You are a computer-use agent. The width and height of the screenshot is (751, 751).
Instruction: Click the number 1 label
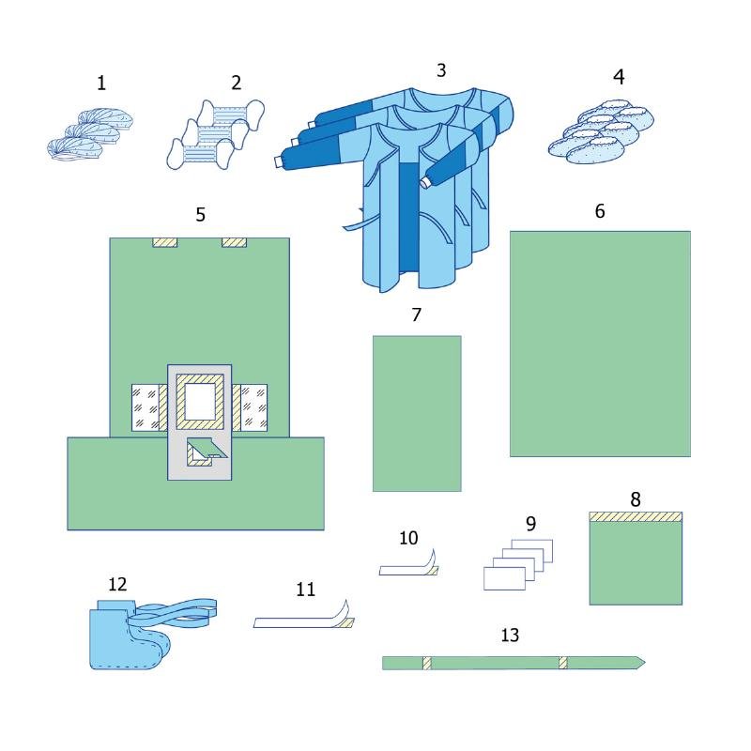tap(101, 84)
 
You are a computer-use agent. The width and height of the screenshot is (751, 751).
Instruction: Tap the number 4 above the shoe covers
tap(619, 77)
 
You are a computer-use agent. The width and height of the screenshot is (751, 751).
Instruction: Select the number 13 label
tap(510, 636)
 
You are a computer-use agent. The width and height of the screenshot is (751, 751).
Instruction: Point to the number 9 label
tap(531, 524)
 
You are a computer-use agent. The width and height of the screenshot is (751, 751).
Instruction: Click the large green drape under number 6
tap(600, 344)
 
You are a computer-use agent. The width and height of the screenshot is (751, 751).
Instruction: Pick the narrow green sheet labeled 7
tap(417, 413)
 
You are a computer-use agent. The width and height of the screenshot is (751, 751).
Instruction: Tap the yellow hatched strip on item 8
tap(636, 516)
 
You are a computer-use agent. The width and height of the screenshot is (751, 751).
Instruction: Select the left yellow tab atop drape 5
tap(165, 242)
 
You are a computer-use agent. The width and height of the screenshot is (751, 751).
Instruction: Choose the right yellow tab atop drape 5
tap(234, 242)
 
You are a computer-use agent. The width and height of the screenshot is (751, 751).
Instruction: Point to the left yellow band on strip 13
tap(426, 663)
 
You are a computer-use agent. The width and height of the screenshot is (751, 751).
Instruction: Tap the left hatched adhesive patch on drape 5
tap(147, 408)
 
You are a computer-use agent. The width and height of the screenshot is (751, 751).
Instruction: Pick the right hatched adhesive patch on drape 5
tap(252, 408)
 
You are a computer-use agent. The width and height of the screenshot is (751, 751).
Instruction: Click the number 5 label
tap(201, 215)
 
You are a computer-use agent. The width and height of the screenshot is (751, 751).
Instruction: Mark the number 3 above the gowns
tap(441, 70)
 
